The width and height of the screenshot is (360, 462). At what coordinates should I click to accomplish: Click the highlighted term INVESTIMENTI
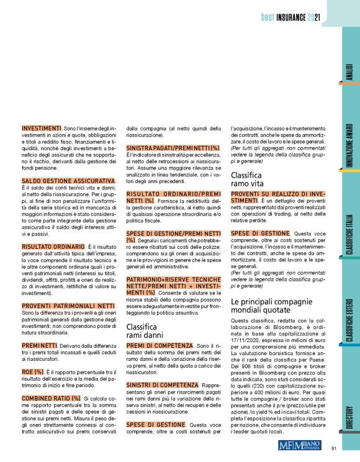43,127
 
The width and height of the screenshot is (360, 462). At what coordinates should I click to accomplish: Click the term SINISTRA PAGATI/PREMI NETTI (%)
174,148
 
